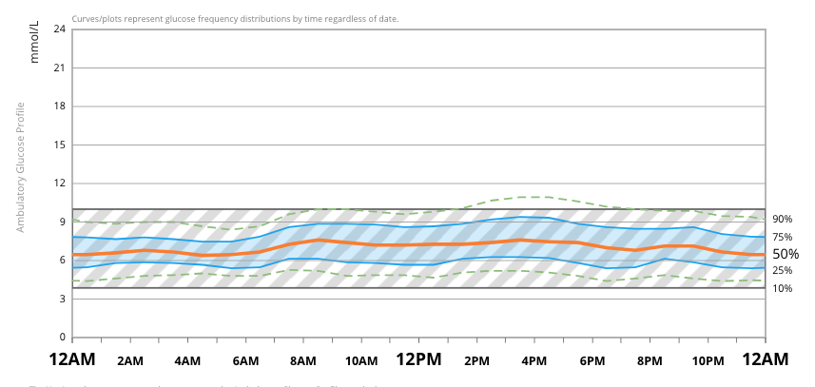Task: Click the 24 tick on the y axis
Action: point(60,29)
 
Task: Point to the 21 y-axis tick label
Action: point(60,68)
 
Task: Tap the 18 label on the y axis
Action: point(60,106)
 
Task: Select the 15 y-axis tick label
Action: point(60,145)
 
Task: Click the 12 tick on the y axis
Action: point(60,183)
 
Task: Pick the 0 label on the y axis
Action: point(63,337)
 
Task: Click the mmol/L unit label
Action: point(35,43)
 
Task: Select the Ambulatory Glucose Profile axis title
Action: point(20,167)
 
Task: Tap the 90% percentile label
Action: point(783,219)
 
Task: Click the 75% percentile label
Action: point(783,238)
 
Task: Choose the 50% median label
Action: point(786,254)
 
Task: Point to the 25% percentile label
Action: point(783,271)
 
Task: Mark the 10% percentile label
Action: point(783,288)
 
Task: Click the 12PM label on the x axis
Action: point(418,360)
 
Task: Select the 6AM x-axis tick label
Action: point(245,361)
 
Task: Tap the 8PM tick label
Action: point(650,361)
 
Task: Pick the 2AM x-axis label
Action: point(130,361)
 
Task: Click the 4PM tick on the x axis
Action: point(534,361)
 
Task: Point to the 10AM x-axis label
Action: point(360,361)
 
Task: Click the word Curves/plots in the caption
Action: point(98,19)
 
